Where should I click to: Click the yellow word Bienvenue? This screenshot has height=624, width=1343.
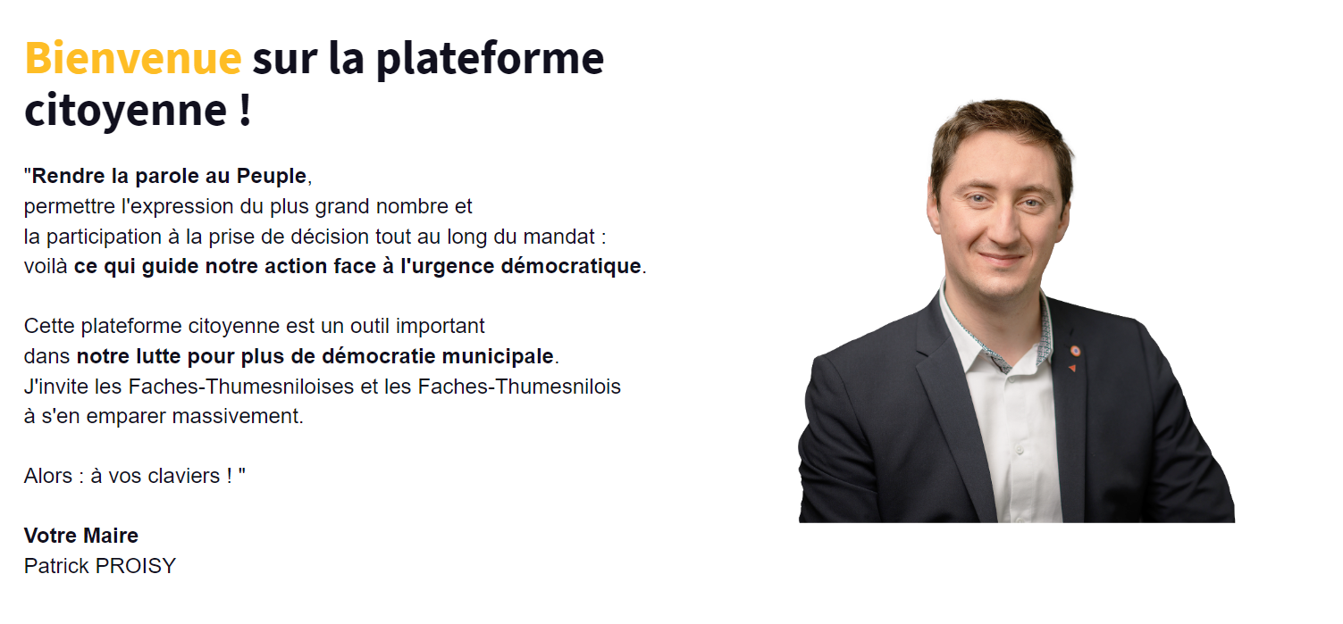pos(132,58)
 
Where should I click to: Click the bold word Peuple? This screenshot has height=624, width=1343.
pos(272,176)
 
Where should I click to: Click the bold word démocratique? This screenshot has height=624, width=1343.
pos(571,267)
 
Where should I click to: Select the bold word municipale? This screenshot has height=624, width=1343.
pos(498,356)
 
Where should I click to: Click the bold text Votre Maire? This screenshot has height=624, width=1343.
pos(81,536)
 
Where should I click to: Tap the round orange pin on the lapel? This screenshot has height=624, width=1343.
pos(1075,351)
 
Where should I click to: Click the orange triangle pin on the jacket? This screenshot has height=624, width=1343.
pos(1072,368)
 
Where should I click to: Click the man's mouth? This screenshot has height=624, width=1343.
pos(1002,259)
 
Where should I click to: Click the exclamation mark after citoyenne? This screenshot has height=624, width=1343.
pos(244,110)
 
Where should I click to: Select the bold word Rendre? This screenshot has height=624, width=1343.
pos(68,176)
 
